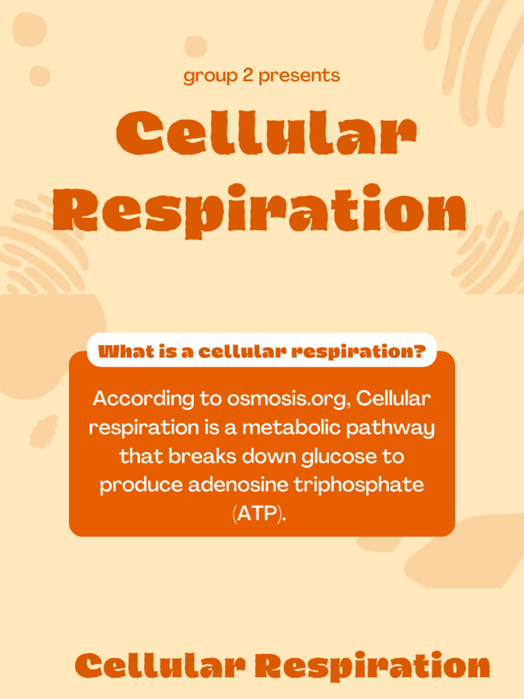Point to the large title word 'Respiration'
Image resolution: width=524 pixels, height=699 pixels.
pyautogui.click(x=260, y=209)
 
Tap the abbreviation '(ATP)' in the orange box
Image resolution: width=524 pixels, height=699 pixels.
pyautogui.click(x=259, y=514)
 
